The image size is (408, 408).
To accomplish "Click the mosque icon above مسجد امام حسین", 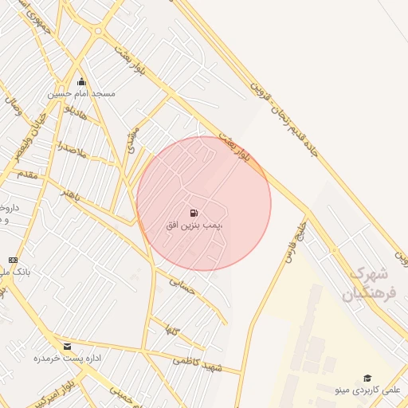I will [81, 81].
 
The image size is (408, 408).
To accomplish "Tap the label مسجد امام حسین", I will [81, 93].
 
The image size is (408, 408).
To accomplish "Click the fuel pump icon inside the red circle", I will [194, 213].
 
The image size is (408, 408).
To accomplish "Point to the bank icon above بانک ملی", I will [13, 260].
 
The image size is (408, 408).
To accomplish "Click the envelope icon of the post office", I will [67, 347].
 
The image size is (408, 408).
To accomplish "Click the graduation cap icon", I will [367, 378].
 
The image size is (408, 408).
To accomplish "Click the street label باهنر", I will [74, 198].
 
